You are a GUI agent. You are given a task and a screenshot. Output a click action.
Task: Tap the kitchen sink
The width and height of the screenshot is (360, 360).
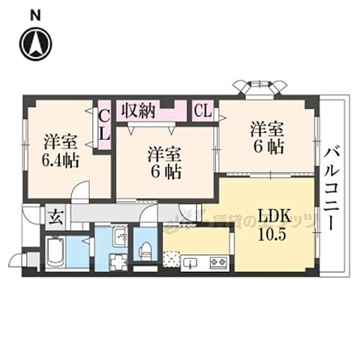tap(190, 263)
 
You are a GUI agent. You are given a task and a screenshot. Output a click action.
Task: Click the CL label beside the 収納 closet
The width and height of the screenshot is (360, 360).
tap(202, 111)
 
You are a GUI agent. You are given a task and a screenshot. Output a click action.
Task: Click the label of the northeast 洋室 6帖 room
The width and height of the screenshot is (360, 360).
tap(267, 137)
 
